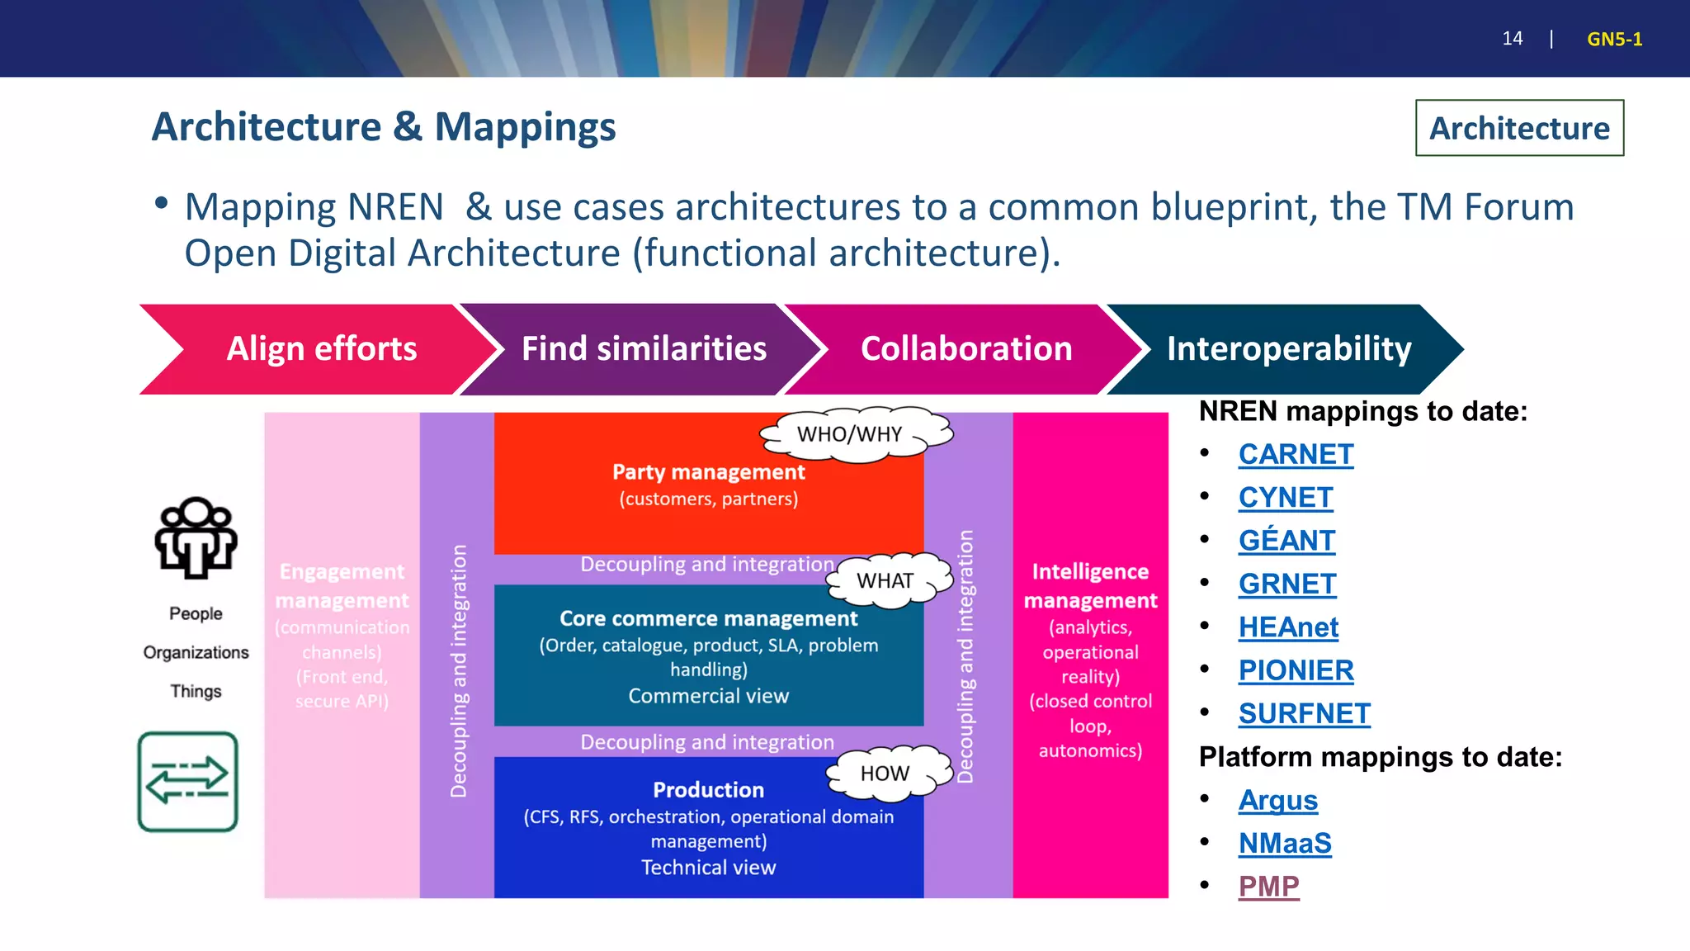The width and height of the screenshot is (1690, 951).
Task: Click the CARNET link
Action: pos(1296,454)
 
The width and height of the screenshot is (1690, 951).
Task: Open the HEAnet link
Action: pos(1287,627)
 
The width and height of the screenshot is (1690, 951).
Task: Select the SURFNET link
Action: pos(1304,713)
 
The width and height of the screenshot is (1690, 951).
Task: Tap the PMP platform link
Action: pos(1268,887)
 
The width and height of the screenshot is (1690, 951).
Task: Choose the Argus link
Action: pos(1277,800)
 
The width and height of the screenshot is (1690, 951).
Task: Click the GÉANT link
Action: pos(1286,541)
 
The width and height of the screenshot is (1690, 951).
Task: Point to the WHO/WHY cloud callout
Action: pos(850,434)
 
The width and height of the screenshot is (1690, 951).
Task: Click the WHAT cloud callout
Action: pos(885,581)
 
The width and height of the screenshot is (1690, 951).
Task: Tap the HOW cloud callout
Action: pos(885,774)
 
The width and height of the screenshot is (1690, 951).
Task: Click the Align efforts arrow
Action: pos(321,349)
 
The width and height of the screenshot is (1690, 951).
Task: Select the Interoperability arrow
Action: pos(1288,349)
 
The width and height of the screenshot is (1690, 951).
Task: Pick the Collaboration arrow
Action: pos(965,349)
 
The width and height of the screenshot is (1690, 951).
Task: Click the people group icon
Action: pos(196,537)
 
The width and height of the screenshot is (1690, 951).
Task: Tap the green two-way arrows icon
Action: pos(187,781)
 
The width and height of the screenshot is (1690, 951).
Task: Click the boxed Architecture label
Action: pos(1519,128)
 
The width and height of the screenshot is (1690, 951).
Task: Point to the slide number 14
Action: pos(1512,39)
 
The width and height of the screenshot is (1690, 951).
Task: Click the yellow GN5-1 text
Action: pos(1614,40)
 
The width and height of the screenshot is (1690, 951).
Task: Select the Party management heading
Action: pos(708,472)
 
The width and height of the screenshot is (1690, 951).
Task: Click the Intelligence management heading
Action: pos(1090,586)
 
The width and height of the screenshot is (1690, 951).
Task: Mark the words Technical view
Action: pos(708,868)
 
